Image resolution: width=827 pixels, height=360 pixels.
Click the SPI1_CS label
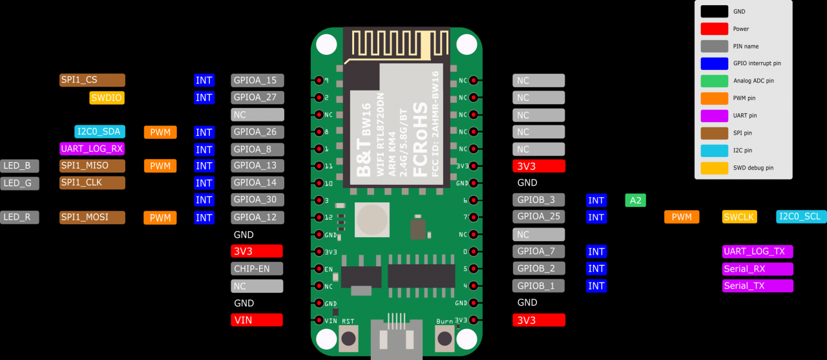pos(92,80)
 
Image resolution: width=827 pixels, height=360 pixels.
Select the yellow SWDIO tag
pos(107,98)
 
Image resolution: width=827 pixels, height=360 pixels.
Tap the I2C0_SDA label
pos(99,132)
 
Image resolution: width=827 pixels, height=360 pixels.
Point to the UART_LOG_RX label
pos(92,149)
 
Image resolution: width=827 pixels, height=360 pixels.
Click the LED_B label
pos(19,165)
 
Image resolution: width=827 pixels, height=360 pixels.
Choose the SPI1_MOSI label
pos(92,217)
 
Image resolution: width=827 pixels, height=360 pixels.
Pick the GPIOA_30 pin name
pos(257,200)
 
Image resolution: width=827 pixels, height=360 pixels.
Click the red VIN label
pos(256,320)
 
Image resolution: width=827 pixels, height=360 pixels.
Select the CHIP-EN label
pos(256,268)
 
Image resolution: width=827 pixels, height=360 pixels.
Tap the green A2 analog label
pos(635,200)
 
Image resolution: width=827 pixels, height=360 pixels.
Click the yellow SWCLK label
pos(739,217)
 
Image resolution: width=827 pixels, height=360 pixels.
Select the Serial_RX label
pos(758,269)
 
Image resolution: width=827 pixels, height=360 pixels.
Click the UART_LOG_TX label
pos(758,251)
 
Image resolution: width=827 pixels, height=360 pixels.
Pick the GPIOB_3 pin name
pos(539,200)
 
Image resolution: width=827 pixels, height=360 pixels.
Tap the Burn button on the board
pos(445,338)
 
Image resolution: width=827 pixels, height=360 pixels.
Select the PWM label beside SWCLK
pos(682,217)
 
